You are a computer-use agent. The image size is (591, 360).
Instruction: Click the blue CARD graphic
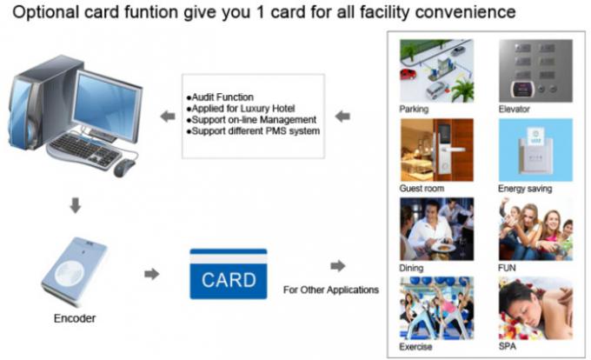pos(229,276)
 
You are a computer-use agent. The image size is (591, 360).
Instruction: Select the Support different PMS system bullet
pos(253,130)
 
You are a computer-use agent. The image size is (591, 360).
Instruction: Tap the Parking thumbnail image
pos(435,70)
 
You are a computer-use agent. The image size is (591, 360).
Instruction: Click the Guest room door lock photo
pos(435,149)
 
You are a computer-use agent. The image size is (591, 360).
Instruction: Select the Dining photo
pos(435,228)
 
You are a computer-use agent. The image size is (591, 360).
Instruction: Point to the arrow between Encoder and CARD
pos(152,274)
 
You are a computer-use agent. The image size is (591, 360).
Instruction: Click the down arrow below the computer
pos(76,205)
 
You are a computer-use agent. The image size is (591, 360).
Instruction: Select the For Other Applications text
pos(331,289)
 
